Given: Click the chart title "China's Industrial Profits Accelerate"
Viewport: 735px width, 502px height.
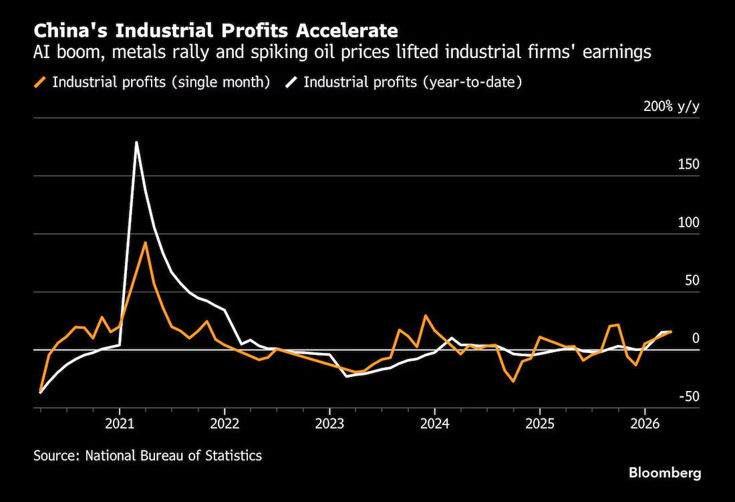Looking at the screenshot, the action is (x=216, y=31).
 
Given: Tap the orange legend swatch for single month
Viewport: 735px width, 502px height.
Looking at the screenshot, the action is (x=41, y=82).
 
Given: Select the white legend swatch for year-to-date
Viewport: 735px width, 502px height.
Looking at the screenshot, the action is (x=291, y=82).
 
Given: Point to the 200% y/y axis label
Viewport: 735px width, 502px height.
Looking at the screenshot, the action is (x=672, y=106).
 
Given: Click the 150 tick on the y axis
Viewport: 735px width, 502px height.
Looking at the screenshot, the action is (x=689, y=164).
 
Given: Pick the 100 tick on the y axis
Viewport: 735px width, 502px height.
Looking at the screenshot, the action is (x=689, y=223).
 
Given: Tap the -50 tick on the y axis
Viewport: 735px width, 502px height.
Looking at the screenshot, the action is (x=689, y=396).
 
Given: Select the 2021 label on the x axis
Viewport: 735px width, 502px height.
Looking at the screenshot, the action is (x=120, y=424).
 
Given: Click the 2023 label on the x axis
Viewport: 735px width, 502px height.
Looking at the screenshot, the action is (x=329, y=424).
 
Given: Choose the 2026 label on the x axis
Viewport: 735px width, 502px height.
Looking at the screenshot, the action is (x=645, y=424).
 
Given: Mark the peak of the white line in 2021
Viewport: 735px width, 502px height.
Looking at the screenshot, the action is (x=136, y=142).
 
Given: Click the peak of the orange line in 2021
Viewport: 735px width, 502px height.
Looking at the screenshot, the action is (x=145, y=243).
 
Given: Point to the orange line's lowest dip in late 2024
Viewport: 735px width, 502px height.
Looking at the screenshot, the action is (x=514, y=381).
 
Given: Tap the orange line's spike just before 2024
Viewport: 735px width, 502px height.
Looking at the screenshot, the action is (x=426, y=316).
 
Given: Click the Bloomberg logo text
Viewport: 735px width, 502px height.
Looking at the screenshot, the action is (x=665, y=473).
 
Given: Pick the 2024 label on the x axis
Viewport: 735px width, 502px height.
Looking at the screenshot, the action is (x=434, y=424).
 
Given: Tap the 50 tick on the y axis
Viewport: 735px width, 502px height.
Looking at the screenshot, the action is (x=692, y=281).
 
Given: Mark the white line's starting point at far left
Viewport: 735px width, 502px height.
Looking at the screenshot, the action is (x=40, y=392).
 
